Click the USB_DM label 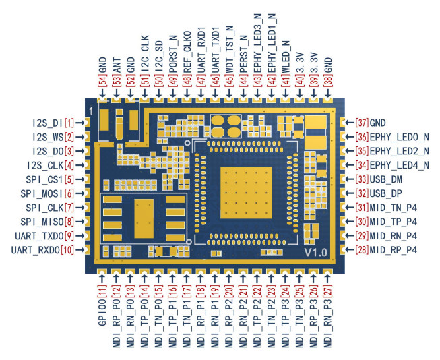pyautogui.click(x=389, y=179)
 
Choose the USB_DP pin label pyautogui.click(x=389, y=193)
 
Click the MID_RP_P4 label pyautogui.click(x=395, y=250)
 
